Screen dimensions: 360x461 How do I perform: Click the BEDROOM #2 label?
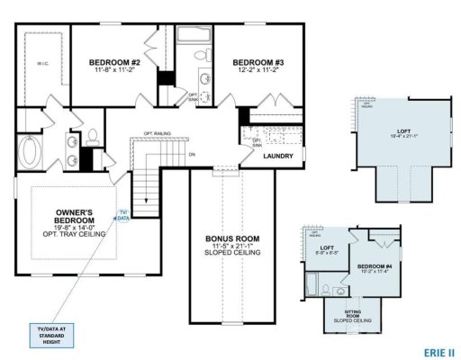pos(113,62)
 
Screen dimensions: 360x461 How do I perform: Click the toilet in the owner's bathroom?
pos(92,138)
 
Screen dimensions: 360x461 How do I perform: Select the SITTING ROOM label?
pos(349,315)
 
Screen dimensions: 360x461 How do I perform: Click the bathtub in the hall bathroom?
pos(193,35)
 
